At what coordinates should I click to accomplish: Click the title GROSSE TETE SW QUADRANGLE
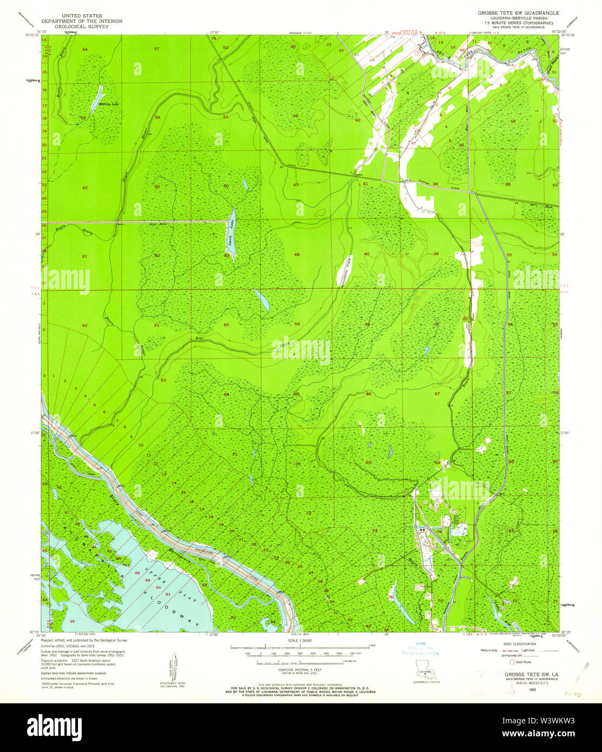click(518, 12)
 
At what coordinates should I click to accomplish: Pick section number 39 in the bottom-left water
click(71, 621)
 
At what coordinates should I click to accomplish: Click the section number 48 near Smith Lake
click(296, 254)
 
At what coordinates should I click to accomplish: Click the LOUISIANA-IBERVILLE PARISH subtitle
click(518, 17)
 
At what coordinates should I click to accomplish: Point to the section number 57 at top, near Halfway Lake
click(156, 49)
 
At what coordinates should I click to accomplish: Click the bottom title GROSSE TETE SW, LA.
click(527, 675)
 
